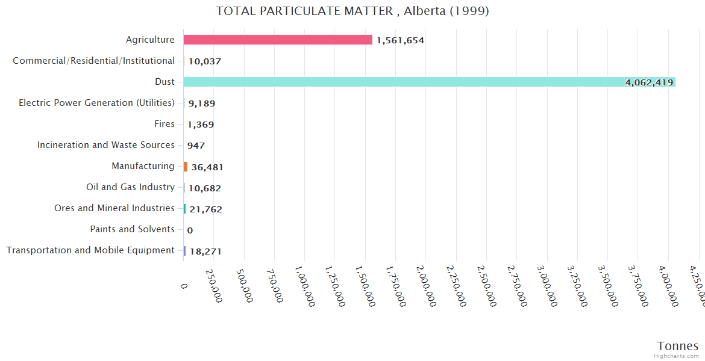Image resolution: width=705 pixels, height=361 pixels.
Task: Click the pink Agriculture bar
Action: [278, 40]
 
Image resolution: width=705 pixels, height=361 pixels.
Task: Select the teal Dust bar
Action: [429, 82]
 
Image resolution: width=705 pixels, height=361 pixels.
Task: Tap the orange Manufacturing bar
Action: [186, 167]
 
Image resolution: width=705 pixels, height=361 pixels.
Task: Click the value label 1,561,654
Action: [400, 40]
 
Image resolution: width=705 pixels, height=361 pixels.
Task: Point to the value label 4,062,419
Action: [649, 82]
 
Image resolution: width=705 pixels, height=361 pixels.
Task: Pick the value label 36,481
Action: [207, 167]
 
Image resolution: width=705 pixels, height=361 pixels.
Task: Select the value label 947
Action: [196, 146]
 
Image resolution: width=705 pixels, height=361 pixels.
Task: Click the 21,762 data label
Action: [205, 209]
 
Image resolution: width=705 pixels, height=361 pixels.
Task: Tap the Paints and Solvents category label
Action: [132, 229]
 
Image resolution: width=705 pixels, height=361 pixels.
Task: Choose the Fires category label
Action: [164, 124]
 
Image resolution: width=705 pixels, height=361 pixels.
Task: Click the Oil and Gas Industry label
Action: [130, 187]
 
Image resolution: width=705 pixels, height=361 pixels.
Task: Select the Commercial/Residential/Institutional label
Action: [93, 61]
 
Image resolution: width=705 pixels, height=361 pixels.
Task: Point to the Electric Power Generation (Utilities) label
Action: [96, 103]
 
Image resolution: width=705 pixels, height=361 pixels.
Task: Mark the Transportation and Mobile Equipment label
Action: [90, 250]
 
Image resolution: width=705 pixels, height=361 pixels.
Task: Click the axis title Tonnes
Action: [677, 346]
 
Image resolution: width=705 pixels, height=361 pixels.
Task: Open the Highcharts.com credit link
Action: [677, 356]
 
